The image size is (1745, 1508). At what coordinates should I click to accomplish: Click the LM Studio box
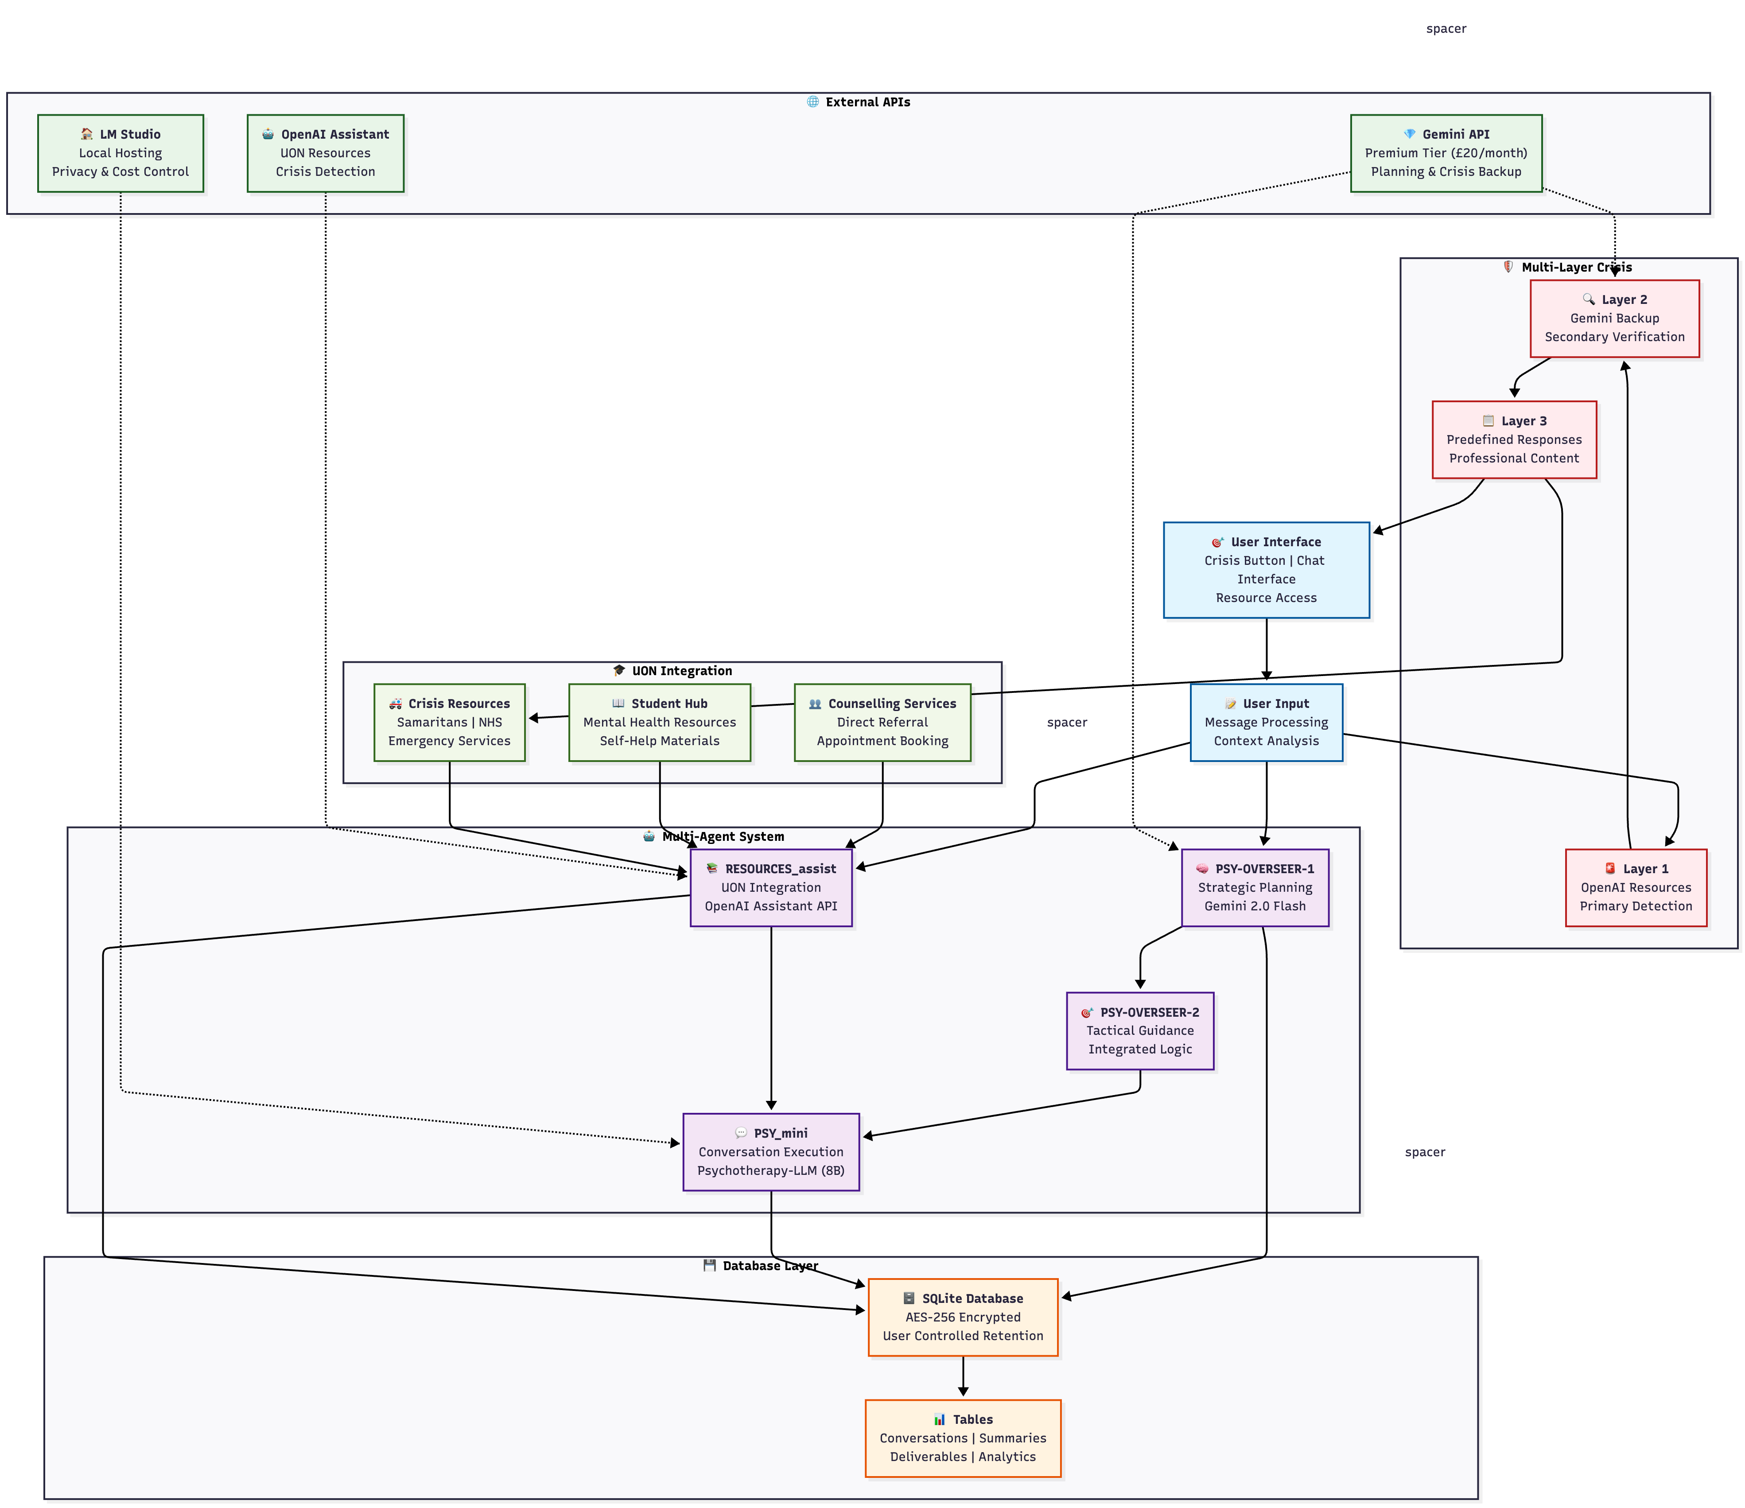coord(120,153)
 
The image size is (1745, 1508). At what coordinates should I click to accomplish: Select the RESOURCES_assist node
coord(770,887)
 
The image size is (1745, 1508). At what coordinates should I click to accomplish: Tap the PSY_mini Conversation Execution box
coord(770,1152)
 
